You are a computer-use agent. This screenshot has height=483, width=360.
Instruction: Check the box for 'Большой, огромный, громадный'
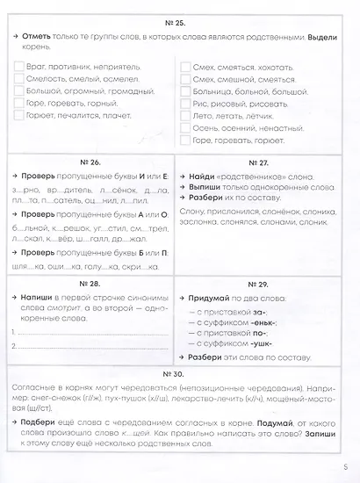coord(20,90)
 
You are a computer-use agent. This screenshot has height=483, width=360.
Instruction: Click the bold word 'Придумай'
coord(209,299)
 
